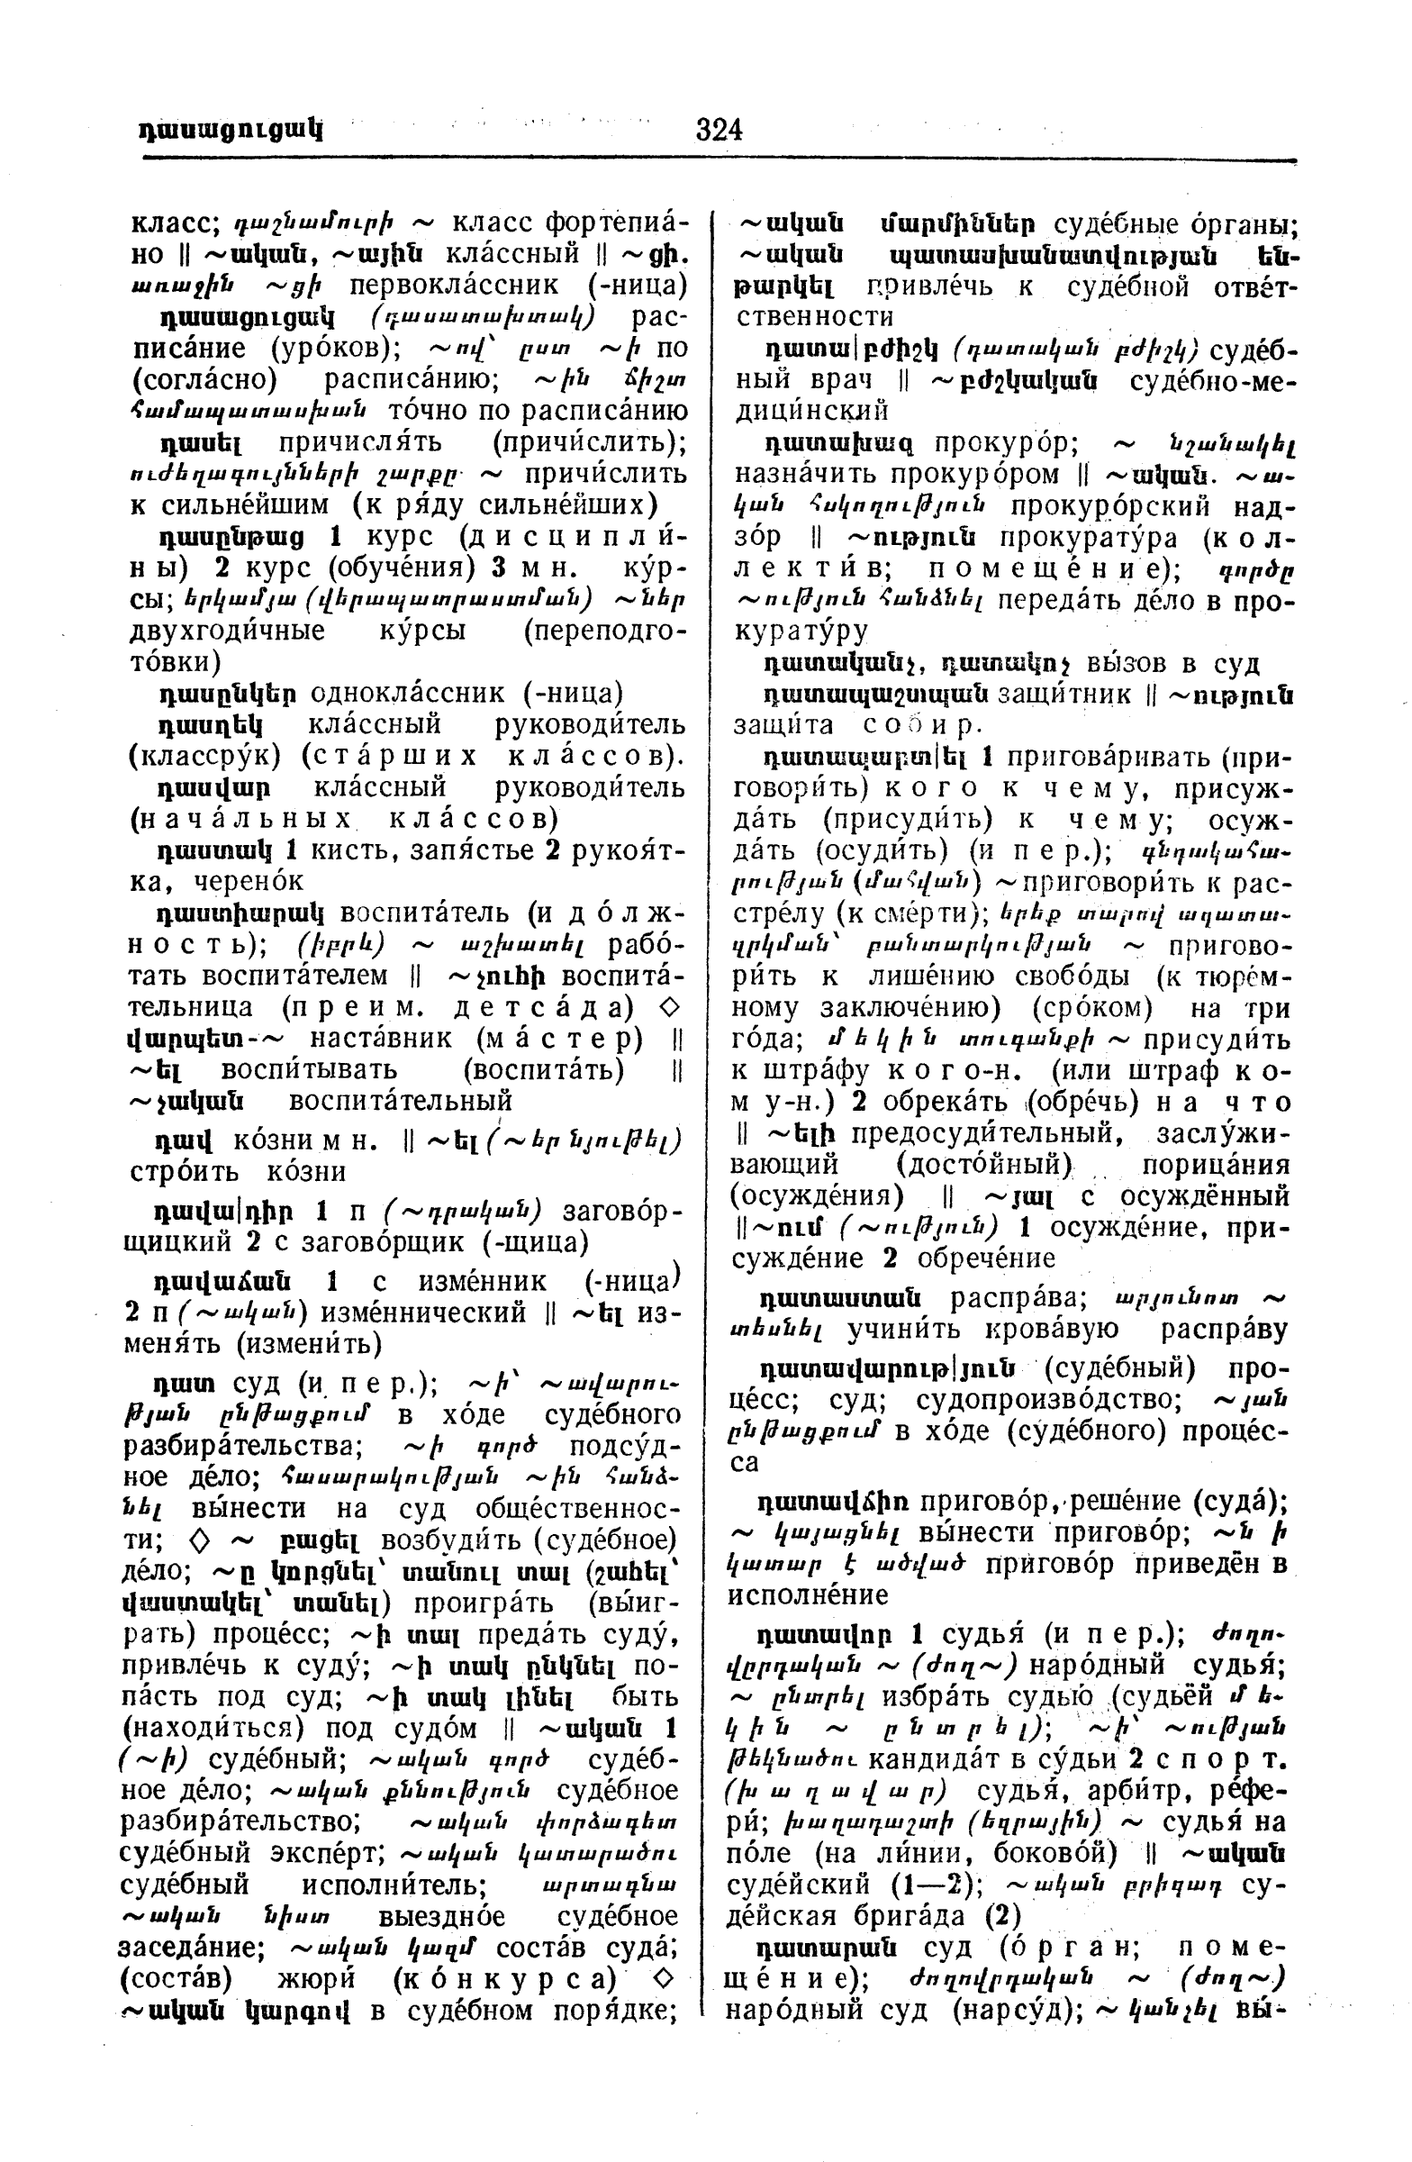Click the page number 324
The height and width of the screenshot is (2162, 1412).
coord(720,130)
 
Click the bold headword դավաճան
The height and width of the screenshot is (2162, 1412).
coord(224,1282)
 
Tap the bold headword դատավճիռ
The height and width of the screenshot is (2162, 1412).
coord(833,1501)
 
